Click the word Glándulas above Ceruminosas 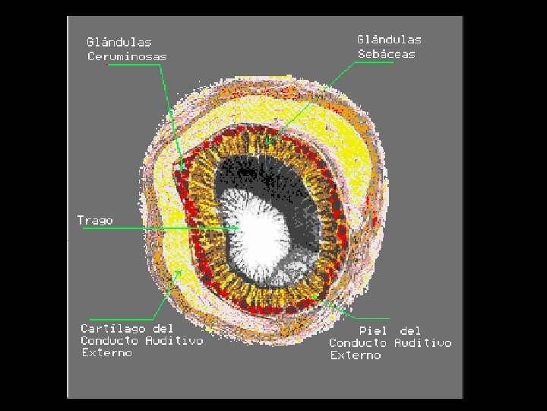coord(119,43)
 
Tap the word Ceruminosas coord(127,56)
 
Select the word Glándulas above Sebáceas coord(389,40)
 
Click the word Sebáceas coord(387,54)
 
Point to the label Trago coord(95,221)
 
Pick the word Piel coord(373,331)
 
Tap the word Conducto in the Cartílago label coord(111,341)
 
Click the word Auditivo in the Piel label coord(422,343)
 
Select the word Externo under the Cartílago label coord(106,353)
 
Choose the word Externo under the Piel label coord(355,355)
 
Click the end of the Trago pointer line coord(240,228)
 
